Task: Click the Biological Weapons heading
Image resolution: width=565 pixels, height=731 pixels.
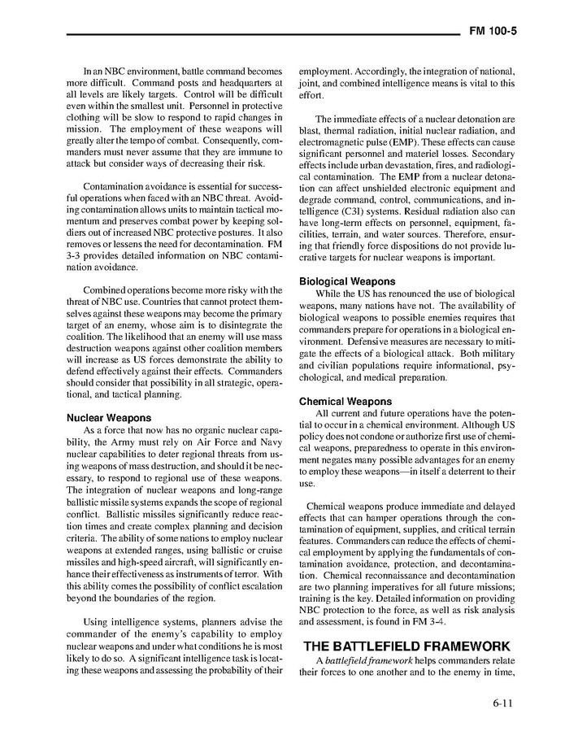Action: pos(347,281)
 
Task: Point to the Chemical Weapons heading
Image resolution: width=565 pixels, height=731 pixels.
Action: pos(346,401)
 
